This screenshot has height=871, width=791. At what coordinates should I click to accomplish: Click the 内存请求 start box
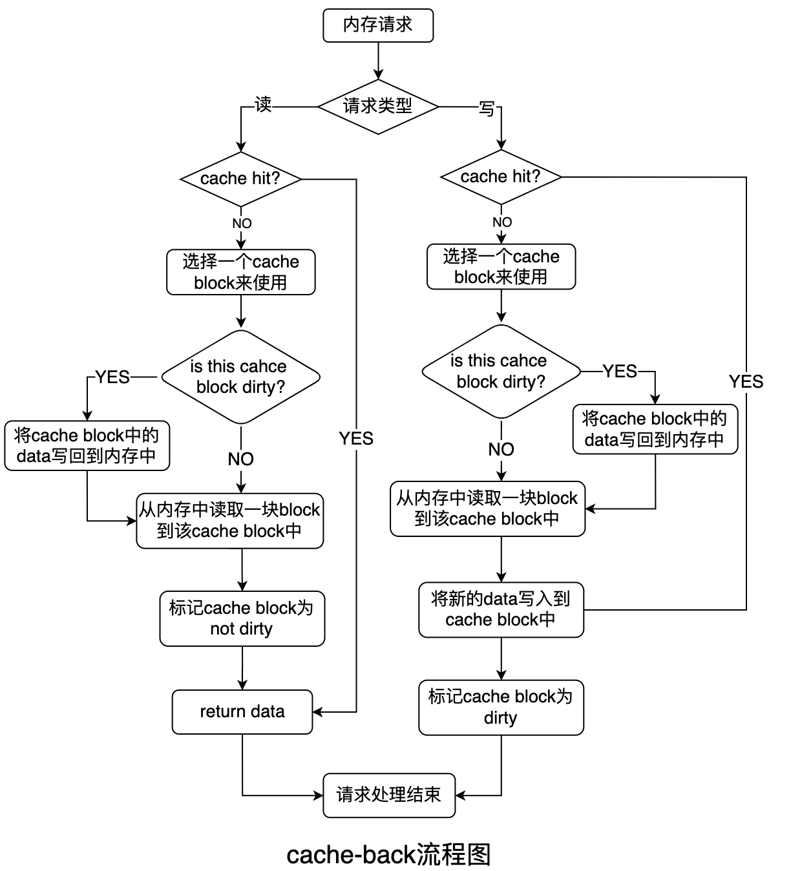tap(378, 26)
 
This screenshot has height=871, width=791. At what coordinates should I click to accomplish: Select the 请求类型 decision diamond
tap(378, 107)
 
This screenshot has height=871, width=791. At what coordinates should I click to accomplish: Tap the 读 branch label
tap(263, 105)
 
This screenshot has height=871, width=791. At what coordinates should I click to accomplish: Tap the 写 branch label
tap(487, 109)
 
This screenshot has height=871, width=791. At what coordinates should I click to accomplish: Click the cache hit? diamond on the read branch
tap(241, 179)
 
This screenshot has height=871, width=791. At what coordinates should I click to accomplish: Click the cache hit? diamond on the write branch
tap(501, 177)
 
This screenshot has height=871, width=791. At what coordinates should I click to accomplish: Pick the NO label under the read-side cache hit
tap(242, 224)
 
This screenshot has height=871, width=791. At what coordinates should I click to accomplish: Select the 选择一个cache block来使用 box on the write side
tap(501, 267)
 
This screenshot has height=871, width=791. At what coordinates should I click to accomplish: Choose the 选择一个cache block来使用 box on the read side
tap(241, 272)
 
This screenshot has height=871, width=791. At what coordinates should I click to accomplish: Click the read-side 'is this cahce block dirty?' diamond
tap(240, 377)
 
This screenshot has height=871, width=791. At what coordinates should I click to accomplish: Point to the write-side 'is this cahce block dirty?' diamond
tap(501, 372)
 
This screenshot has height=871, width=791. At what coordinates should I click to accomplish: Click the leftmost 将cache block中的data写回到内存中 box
tap(87, 446)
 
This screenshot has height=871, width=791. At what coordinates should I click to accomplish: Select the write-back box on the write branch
tap(655, 429)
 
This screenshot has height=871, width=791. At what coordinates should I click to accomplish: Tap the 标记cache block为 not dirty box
tap(242, 618)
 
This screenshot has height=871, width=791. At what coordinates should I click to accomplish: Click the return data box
tap(242, 712)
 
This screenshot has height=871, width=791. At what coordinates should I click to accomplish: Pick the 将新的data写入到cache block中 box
tap(501, 610)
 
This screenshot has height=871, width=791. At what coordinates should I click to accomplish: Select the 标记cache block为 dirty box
tap(501, 708)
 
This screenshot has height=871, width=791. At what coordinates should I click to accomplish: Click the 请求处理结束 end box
tap(389, 795)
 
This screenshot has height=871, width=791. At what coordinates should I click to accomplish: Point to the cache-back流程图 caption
tap(389, 854)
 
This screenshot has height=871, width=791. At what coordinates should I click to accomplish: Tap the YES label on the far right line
tap(746, 382)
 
